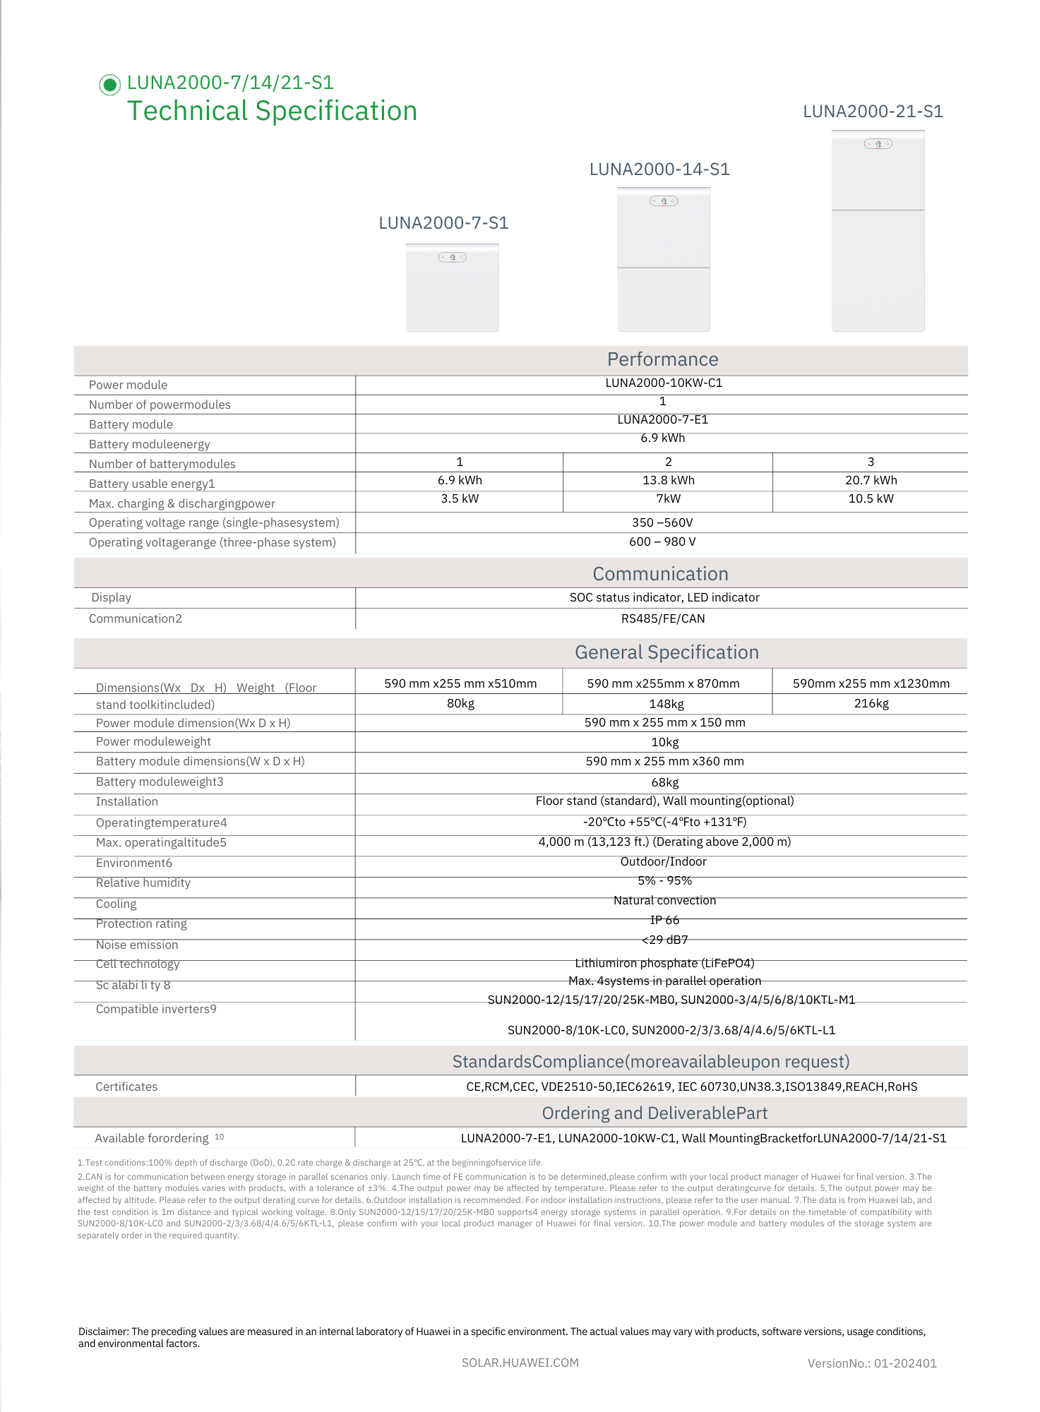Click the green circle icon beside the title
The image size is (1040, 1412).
tap(109, 85)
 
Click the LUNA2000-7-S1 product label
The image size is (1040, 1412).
tap(443, 223)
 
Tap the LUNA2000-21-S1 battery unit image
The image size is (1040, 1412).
tap(878, 231)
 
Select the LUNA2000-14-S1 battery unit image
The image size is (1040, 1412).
tap(663, 259)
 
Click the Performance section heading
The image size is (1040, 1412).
tap(662, 359)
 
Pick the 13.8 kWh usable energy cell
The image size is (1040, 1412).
tap(668, 480)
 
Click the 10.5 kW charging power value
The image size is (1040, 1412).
tap(871, 498)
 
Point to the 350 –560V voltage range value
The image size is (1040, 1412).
tap(662, 522)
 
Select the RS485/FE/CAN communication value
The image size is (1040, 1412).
tap(662, 618)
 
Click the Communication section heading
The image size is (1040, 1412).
tap(660, 574)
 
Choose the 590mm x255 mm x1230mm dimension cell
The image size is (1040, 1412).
tap(871, 683)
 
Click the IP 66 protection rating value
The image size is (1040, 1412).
tap(664, 920)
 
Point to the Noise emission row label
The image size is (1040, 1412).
tap(137, 945)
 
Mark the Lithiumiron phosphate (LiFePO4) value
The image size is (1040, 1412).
tap(664, 963)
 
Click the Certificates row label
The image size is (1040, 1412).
tap(126, 1087)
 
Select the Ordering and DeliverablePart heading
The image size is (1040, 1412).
tap(654, 1113)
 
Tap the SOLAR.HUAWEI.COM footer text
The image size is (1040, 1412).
tap(520, 1363)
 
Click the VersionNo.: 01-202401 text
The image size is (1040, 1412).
tap(871, 1363)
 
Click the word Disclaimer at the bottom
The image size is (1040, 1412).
tap(103, 1332)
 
